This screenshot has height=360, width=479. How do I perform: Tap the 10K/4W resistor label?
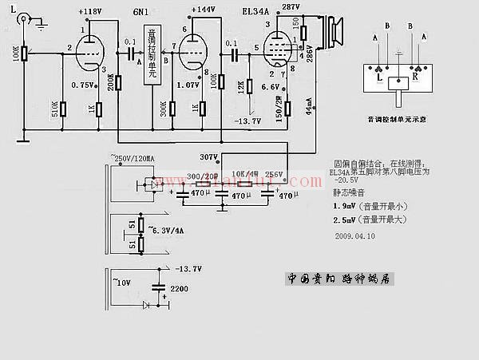click(x=243, y=173)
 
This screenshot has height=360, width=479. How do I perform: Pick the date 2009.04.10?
click(x=354, y=237)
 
